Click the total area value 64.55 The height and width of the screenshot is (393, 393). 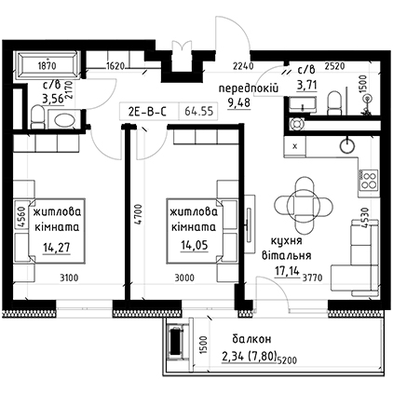coord(199,111)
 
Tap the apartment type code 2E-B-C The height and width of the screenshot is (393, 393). coord(147,112)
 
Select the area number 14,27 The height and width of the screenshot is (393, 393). coord(57,248)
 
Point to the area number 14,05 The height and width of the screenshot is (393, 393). coord(195,246)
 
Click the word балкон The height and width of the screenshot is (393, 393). coord(251,339)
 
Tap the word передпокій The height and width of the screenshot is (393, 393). coord(249,88)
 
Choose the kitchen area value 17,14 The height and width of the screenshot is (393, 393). coord(287,271)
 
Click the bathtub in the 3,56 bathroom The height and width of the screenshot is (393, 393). coord(47,65)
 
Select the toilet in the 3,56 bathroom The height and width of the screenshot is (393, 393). coord(38,116)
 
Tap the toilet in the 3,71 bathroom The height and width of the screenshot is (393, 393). coord(334,102)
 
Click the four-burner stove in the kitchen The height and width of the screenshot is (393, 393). coord(369,180)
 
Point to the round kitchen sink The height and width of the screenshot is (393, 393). coord(346,145)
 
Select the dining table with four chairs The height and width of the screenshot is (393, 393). coord(304,206)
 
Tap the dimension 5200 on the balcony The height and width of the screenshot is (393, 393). coord(288,360)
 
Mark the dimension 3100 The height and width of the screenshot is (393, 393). coord(69,278)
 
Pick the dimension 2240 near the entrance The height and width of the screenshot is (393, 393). coord(243,66)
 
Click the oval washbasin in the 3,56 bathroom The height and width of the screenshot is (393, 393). coord(64,119)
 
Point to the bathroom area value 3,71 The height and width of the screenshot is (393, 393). coord(306,85)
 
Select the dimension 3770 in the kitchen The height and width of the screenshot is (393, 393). coord(312,278)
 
